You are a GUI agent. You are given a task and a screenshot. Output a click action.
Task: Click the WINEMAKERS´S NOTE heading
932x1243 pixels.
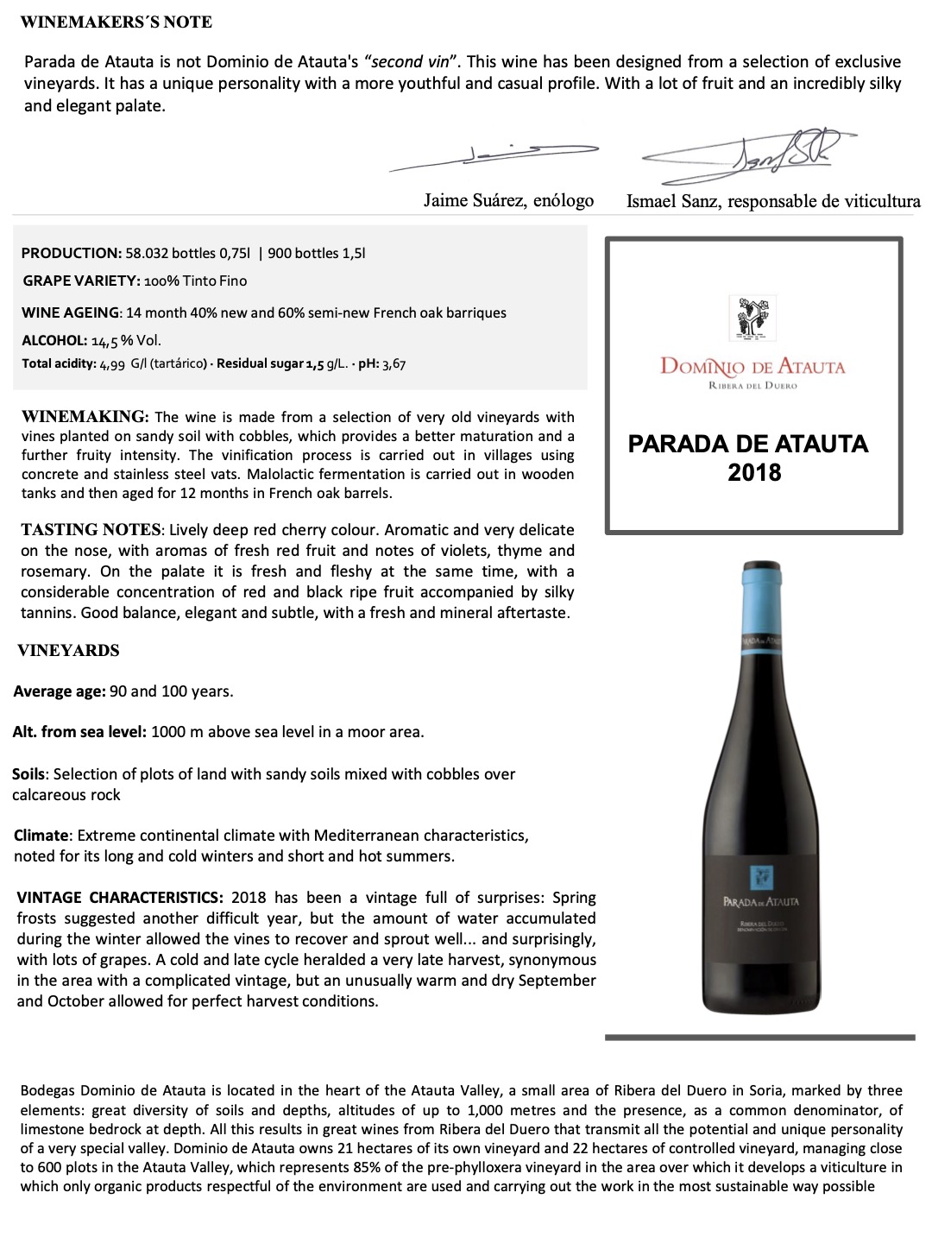116,22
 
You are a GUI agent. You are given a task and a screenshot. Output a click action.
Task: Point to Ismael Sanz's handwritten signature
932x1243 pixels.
759,155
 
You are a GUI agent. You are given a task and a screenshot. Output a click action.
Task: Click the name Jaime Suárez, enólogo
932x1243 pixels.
508,200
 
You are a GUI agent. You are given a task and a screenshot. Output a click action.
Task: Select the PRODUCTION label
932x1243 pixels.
71,253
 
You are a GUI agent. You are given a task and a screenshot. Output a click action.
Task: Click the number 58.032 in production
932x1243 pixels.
147,253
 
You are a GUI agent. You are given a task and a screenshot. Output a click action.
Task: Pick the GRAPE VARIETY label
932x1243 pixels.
81,281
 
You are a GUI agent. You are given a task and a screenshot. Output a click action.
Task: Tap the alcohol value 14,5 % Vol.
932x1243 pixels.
126,340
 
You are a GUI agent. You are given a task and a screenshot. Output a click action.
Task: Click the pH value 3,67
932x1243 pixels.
394,363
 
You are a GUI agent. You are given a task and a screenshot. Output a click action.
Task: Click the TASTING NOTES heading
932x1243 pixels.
91,529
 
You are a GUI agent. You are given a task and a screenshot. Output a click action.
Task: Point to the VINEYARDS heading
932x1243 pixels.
68,651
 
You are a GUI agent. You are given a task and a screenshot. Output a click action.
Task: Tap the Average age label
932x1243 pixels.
60,691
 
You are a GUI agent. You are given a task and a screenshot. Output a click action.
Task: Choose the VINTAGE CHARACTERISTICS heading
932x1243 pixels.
120,898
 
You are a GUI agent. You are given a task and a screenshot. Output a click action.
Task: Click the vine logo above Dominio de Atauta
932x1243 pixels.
753,318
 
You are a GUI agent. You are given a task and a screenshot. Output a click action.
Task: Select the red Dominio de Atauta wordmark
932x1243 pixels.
753,366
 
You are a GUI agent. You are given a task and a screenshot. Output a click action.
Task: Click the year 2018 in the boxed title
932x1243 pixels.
753,473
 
